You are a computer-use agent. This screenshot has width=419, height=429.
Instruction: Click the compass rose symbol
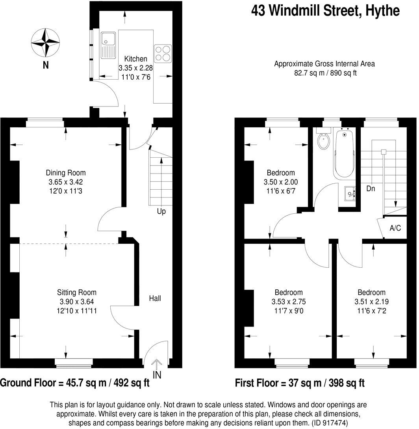coord(46,42)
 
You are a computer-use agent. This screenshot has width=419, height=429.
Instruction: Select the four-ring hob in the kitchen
coord(163,53)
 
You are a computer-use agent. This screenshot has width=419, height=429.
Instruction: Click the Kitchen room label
coord(136,59)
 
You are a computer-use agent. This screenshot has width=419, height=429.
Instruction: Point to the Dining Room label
coord(66,173)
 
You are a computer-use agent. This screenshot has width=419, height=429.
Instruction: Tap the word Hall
coord(155,298)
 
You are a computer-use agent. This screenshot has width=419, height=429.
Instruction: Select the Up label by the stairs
coord(161,211)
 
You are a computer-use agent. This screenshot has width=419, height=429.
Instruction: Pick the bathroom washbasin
coord(350,193)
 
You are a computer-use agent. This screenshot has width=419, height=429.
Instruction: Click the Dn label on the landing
coord(371,188)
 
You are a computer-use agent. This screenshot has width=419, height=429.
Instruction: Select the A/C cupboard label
coord(395,228)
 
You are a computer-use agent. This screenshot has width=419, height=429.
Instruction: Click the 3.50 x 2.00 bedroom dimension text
coord(280,182)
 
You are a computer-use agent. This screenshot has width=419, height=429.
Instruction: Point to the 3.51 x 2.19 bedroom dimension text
coord(371,302)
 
